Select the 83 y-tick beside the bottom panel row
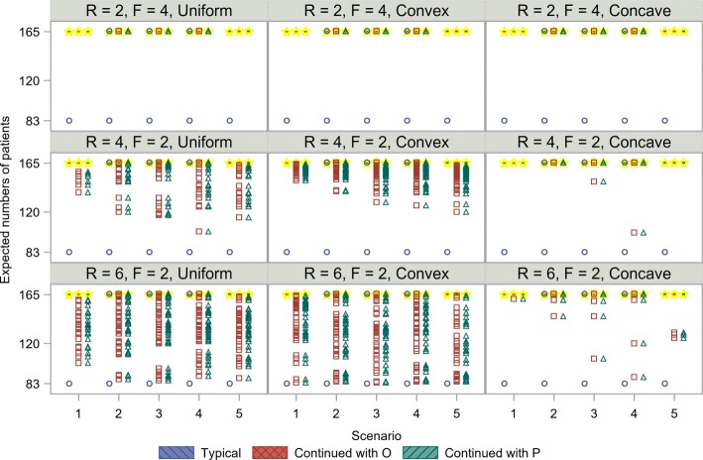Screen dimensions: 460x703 click(33, 384)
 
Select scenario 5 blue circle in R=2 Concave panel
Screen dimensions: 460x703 click(665, 121)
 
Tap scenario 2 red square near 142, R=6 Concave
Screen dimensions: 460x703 click(553, 316)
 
